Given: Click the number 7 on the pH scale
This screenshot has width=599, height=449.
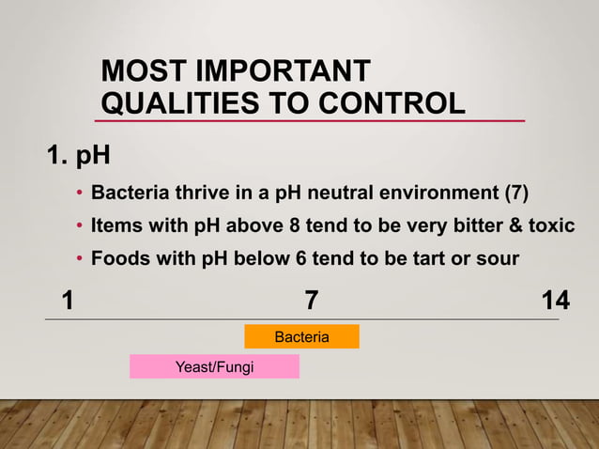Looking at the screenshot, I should tap(311, 301).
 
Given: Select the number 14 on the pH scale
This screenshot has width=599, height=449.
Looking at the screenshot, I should tap(556, 301).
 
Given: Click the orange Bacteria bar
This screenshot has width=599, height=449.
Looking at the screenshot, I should tap(301, 336).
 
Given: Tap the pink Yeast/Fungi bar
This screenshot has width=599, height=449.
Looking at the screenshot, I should tap(214, 366).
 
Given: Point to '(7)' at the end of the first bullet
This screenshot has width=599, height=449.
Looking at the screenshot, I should tap(516, 194).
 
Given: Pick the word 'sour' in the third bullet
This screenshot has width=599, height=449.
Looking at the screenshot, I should tap(494, 258).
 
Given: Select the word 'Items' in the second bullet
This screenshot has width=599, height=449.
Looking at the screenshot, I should tap(116, 226).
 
